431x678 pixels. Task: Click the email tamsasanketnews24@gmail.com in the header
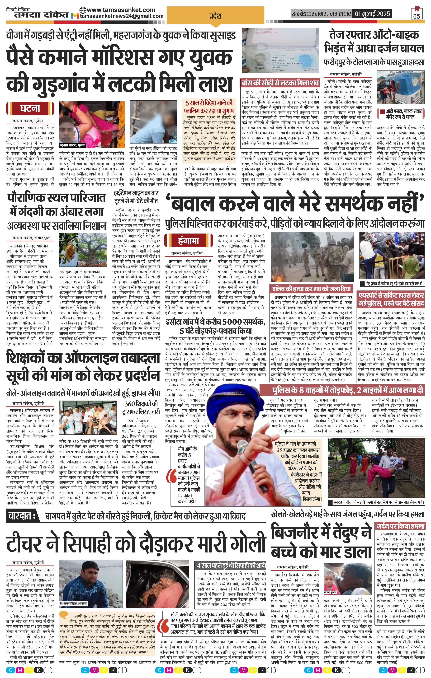pos(122,16)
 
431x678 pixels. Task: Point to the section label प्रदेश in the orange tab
pos(215,16)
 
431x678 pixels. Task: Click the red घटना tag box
pos(30,109)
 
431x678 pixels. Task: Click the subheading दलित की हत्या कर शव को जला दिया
pos(311,288)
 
